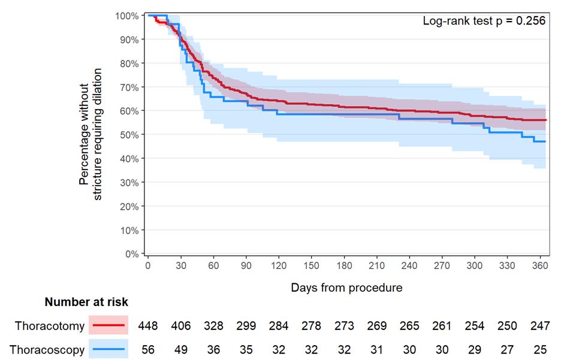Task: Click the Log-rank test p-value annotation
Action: click(x=484, y=21)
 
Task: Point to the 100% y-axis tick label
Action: click(x=128, y=16)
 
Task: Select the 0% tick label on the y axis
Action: click(x=133, y=254)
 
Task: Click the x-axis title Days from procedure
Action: click(x=346, y=288)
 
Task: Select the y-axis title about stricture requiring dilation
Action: click(x=91, y=135)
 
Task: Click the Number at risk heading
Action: click(x=86, y=302)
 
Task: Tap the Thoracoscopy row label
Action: click(x=50, y=350)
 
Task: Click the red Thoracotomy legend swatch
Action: click(x=108, y=326)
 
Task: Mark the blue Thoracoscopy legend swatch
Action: click(x=108, y=350)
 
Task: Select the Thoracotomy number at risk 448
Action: click(x=148, y=326)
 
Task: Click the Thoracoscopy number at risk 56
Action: click(x=148, y=350)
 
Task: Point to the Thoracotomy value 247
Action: click(x=539, y=326)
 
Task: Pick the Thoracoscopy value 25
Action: click(x=539, y=350)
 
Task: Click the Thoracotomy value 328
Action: click(x=213, y=326)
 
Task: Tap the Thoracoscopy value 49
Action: click(x=181, y=350)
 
